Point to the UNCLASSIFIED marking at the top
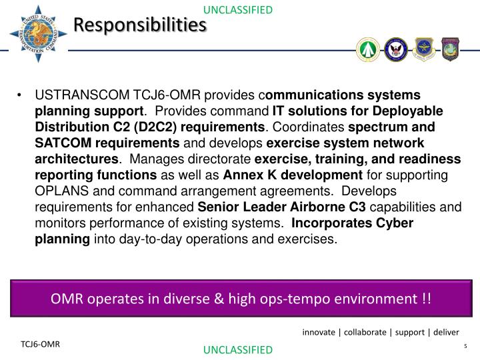click(x=237, y=9)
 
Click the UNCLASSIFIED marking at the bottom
click(x=237, y=350)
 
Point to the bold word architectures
click(x=76, y=159)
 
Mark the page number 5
click(x=464, y=346)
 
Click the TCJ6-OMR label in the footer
click(x=39, y=344)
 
